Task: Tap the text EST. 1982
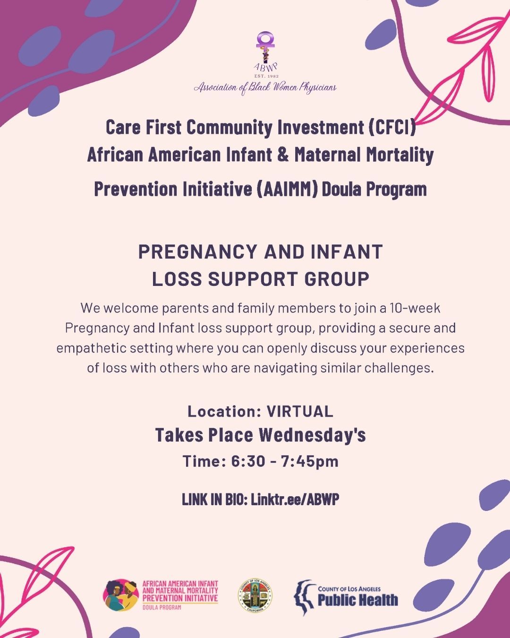click(x=266, y=76)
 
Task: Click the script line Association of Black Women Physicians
click(x=265, y=87)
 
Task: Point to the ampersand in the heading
click(x=284, y=155)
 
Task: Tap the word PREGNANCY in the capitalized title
click(x=197, y=252)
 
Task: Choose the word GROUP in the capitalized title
click(x=337, y=279)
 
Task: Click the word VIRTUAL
click(x=300, y=412)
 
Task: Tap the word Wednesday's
click(x=313, y=435)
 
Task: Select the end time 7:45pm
click(x=310, y=462)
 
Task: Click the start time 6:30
click(x=248, y=461)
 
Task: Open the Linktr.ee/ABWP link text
click(x=295, y=500)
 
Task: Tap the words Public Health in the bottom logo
click(x=357, y=600)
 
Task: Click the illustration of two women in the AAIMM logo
click(x=120, y=595)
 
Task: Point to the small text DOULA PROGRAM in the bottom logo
click(x=161, y=607)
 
